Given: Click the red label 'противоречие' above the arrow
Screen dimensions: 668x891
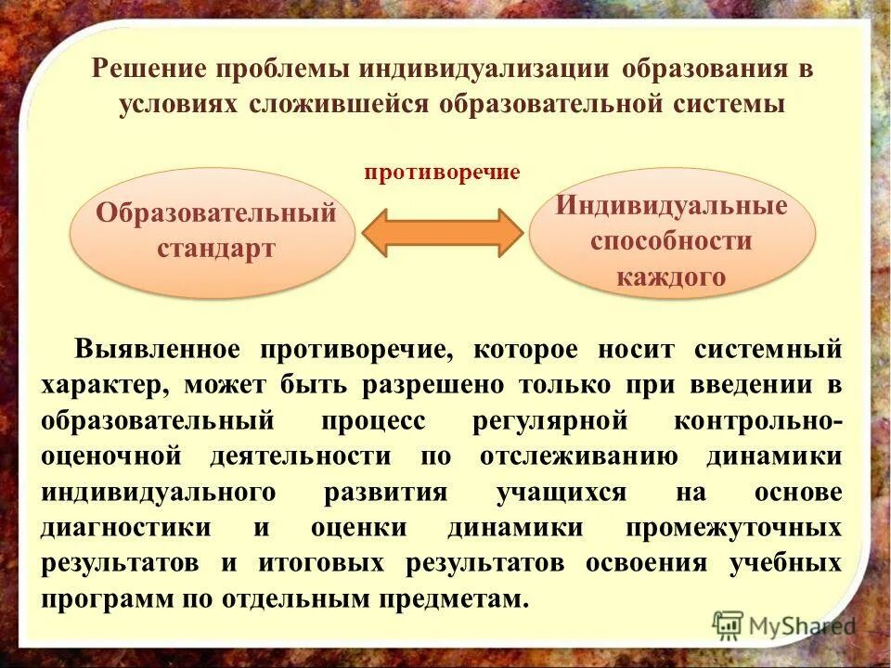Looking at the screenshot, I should pyautogui.click(x=441, y=173).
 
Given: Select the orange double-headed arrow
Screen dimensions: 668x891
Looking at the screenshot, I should pyautogui.click(x=443, y=232).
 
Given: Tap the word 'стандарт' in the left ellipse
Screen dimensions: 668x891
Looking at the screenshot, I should pyautogui.click(x=216, y=249).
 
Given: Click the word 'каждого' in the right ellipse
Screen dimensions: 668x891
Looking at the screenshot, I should pyautogui.click(x=671, y=276).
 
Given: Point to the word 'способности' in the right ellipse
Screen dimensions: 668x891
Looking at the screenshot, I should pyautogui.click(x=671, y=241).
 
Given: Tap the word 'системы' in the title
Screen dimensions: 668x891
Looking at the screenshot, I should pyautogui.click(x=727, y=103).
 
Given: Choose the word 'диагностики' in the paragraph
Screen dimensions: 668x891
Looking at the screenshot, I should pyautogui.click(x=125, y=528).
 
